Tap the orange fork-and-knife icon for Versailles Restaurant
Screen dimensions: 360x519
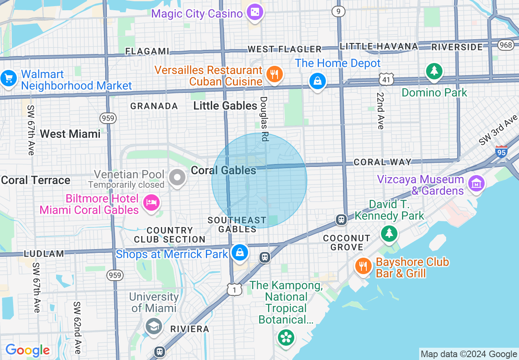coord(274,74)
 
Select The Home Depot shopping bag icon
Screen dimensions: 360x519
coord(317,81)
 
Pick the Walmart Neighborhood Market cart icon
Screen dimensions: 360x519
coord(8,78)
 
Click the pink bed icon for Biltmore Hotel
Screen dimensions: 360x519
coord(151,202)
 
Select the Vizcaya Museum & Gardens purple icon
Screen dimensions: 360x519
coord(476,184)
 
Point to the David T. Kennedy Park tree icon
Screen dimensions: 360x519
coord(389,233)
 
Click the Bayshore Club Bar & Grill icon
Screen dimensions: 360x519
coord(363,266)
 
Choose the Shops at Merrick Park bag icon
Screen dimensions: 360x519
coord(239,253)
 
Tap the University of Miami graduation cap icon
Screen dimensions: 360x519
coord(154,326)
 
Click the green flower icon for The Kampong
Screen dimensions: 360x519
coord(286,337)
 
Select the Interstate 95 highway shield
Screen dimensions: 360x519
coord(501,151)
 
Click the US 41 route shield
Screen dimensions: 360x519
coord(386,79)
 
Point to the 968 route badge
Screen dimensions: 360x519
coord(506,45)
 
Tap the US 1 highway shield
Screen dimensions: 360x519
coord(235,289)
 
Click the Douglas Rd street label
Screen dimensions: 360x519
coord(264,119)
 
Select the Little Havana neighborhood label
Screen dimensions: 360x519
coord(379,46)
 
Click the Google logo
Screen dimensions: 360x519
coord(27,351)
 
